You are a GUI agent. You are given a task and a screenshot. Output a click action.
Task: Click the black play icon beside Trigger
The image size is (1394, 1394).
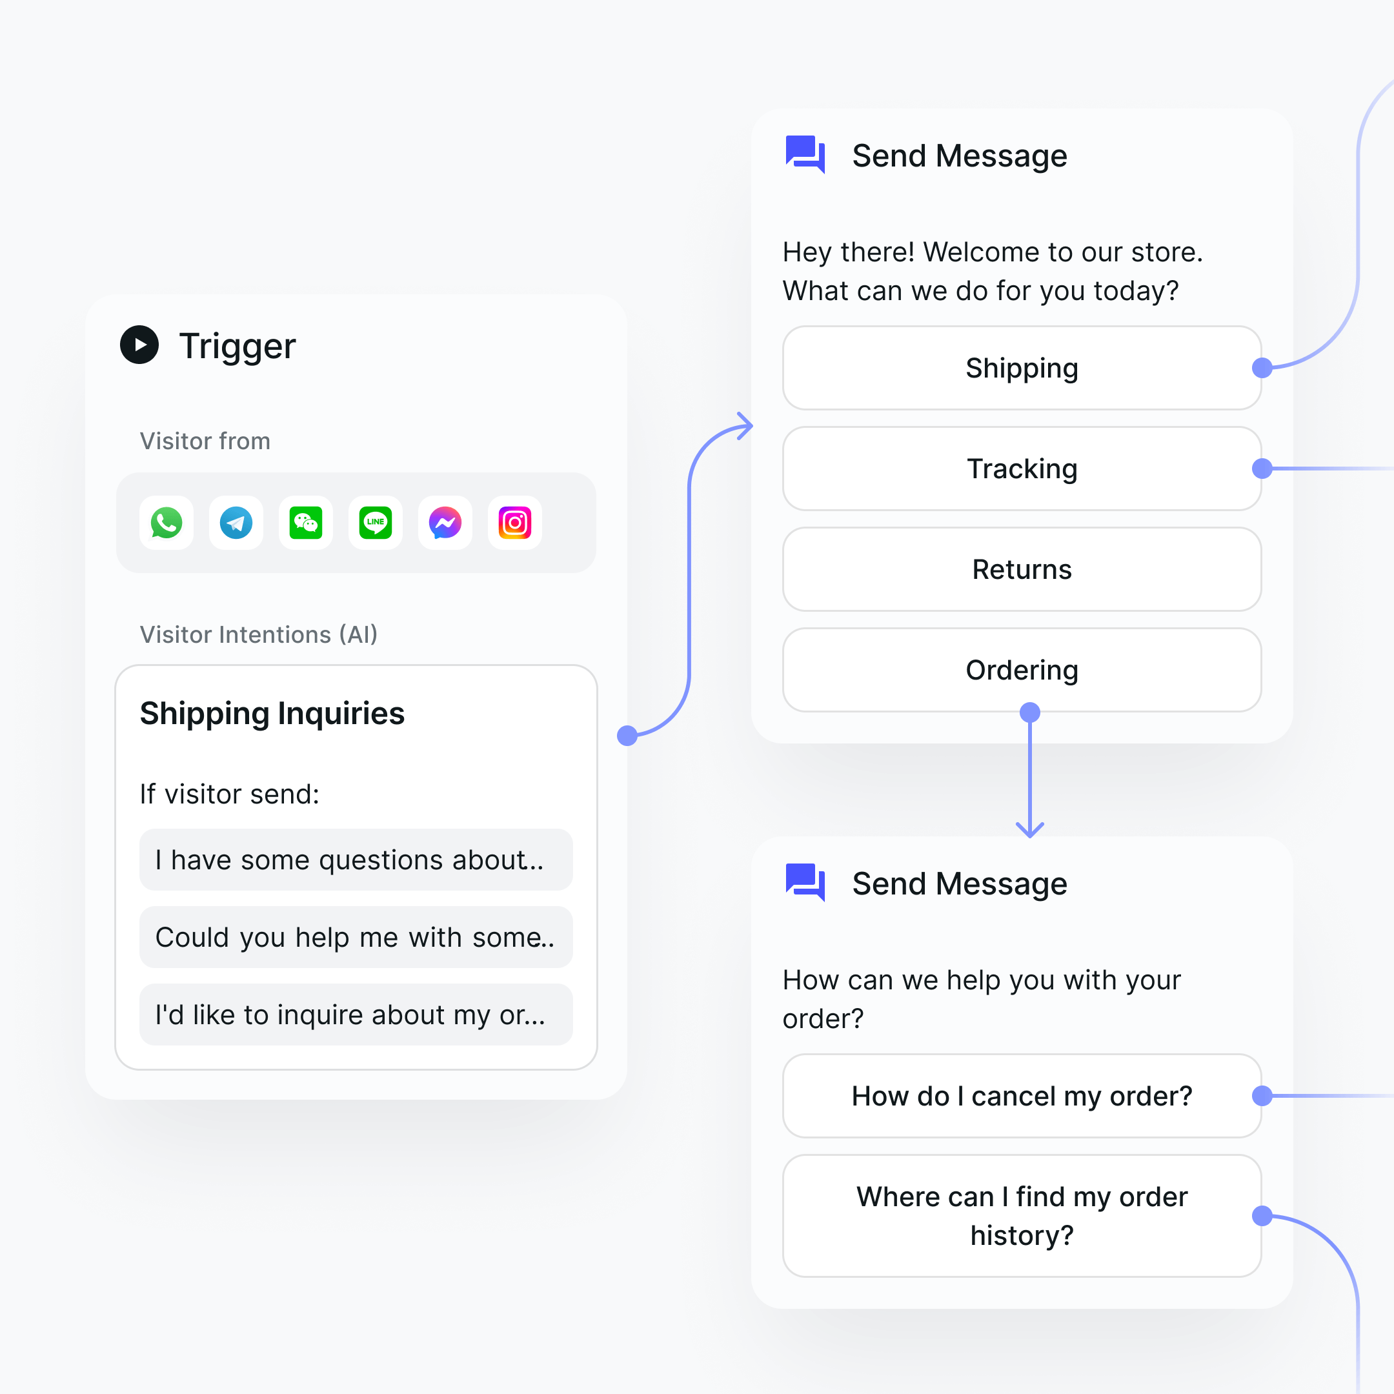[x=139, y=345]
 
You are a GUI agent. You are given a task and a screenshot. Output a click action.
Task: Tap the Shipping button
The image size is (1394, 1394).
[x=1021, y=368]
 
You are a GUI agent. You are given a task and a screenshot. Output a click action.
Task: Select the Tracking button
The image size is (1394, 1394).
[x=1021, y=469]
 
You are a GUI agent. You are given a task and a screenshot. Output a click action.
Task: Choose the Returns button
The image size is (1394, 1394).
[x=1021, y=569]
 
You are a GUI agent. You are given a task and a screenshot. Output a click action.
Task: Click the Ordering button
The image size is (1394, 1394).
[x=1021, y=670]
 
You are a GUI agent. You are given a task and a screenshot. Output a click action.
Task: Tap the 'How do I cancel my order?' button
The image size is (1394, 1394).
[x=1021, y=1096]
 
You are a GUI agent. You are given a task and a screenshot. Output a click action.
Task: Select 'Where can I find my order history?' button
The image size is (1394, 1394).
[x=1021, y=1216]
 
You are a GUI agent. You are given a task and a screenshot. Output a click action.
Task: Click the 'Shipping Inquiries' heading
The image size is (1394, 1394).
[x=272, y=714]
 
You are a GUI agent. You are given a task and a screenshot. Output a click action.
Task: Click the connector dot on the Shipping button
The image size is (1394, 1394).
[x=1262, y=368]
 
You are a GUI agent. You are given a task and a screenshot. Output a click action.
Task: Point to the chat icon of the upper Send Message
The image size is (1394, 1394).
[x=805, y=154]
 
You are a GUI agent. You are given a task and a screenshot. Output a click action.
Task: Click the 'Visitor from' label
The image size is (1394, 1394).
[x=205, y=441]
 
